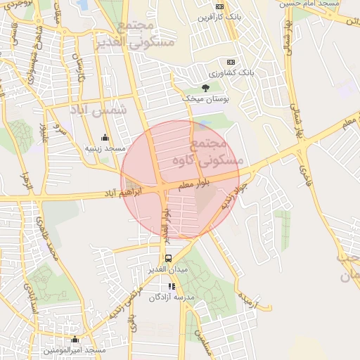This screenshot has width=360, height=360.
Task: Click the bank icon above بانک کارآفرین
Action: point(220,6)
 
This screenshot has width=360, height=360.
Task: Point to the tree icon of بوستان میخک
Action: point(205,87)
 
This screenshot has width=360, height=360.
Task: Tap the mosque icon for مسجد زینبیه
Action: point(105,137)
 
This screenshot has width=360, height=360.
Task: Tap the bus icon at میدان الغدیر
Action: point(167,258)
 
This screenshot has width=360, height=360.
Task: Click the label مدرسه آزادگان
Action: point(175,297)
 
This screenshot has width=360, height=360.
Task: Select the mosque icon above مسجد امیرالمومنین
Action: point(75,340)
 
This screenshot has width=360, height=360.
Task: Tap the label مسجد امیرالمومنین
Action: point(75,350)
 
